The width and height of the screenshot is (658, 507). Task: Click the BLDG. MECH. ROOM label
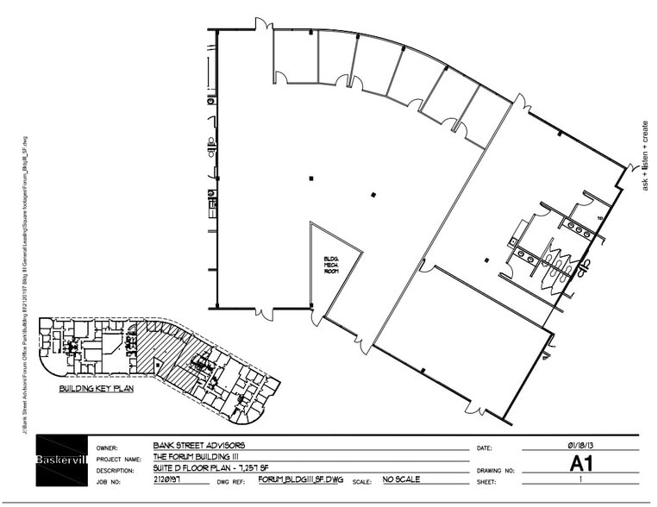(331, 264)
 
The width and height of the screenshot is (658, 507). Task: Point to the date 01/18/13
(579, 445)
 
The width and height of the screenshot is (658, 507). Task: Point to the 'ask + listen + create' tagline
(644, 155)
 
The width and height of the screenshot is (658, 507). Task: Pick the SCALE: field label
(360, 480)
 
